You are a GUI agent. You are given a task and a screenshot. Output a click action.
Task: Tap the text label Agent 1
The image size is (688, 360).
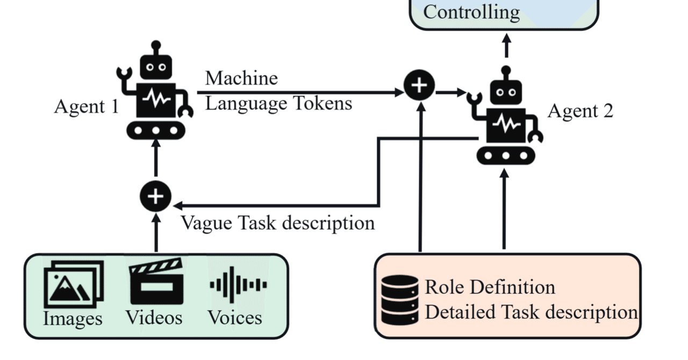pos(86,106)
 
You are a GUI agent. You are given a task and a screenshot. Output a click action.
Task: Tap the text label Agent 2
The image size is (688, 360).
pos(580,111)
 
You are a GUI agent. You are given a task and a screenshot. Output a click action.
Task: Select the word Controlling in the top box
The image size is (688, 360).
pos(471,12)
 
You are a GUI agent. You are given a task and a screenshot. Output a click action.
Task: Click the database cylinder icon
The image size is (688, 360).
pos(399,299)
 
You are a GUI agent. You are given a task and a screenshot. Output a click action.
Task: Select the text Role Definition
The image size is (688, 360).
pos(490,287)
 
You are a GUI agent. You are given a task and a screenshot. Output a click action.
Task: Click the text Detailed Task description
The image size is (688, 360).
pos(531,312)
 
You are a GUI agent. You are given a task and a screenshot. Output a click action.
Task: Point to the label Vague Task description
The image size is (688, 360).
pos(277,222)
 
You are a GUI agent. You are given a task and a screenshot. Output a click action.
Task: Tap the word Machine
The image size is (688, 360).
pos(241,78)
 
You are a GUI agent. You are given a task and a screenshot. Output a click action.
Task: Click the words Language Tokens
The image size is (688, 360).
pos(278,103)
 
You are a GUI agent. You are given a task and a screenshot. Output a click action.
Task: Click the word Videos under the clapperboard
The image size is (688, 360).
pos(154,318)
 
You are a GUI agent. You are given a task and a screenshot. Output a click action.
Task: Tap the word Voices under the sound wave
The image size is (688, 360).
pos(235,318)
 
